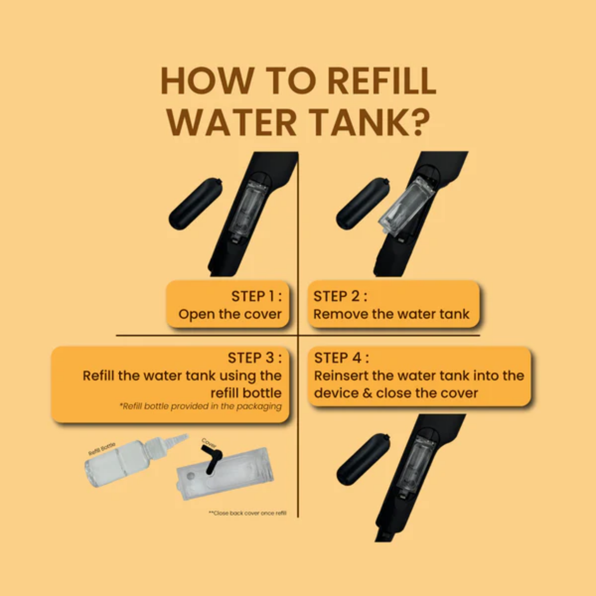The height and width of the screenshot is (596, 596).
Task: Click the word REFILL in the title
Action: coord(382,81)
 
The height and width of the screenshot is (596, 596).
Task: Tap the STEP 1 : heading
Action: coord(256,297)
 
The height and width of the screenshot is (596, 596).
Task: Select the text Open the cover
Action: coord(230,314)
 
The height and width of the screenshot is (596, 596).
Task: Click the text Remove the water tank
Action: coord(391,314)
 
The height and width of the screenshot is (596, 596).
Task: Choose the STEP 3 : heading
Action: coord(255,358)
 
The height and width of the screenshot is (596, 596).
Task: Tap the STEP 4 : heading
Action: coord(341,358)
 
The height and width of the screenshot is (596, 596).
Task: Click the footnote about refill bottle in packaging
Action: coord(201,406)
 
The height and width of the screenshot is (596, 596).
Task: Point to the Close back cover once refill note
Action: coord(248,513)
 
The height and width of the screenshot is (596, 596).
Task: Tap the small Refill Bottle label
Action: coord(102,448)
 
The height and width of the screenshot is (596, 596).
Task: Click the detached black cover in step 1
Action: coord(196,204)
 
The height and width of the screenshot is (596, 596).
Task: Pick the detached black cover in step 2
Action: coord(363,204)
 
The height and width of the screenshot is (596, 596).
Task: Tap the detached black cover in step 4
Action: coord(363,460)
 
